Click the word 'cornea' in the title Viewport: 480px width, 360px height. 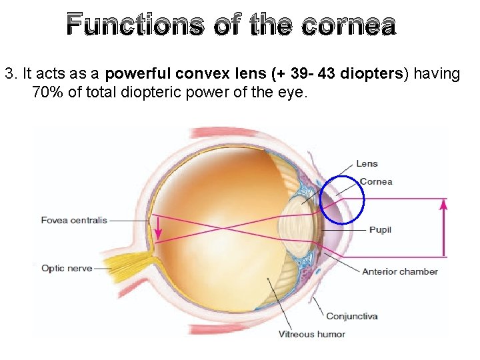(x=348, y=25)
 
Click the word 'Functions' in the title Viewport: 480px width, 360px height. (x=135, y=25)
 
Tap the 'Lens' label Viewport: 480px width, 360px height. (x=367, y=164)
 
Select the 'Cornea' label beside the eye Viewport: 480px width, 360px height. (x=376, y=181)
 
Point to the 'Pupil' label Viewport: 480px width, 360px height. (x=380, y=230)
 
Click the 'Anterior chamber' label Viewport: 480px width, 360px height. (x=400, y=271)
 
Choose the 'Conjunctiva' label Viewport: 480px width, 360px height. (x=352, y=316)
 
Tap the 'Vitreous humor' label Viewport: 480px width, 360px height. (x=312, y=334)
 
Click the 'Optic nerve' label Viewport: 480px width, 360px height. (x=67, y=269)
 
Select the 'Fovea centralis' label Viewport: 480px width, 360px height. (x=74, y=220)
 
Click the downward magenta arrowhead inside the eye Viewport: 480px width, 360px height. (x=158, y=233)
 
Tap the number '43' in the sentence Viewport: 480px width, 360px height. (x=327, y=73)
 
